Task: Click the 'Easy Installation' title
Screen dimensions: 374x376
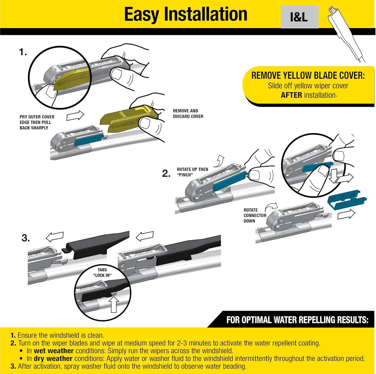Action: click(185, 14)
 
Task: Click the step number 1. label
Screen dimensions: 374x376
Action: click(23, 52)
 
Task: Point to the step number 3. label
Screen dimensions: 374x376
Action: click(26, 238)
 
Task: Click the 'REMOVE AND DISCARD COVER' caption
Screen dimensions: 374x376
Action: click(188, 113)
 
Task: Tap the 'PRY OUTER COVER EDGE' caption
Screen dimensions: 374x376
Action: click(37, 122)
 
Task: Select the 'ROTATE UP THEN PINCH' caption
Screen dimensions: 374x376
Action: click(192, 172)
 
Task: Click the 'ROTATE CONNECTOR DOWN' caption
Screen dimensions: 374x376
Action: click(255, 215)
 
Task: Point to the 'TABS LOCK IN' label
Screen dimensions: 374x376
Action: click(102, 272)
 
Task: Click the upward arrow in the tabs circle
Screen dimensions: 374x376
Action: click(114, 305)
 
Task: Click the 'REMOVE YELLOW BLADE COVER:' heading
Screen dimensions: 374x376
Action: click(308, 76)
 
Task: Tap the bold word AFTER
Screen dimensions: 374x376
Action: click(291, 95)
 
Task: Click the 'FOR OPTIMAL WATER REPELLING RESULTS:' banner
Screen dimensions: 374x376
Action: click(297, 320)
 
